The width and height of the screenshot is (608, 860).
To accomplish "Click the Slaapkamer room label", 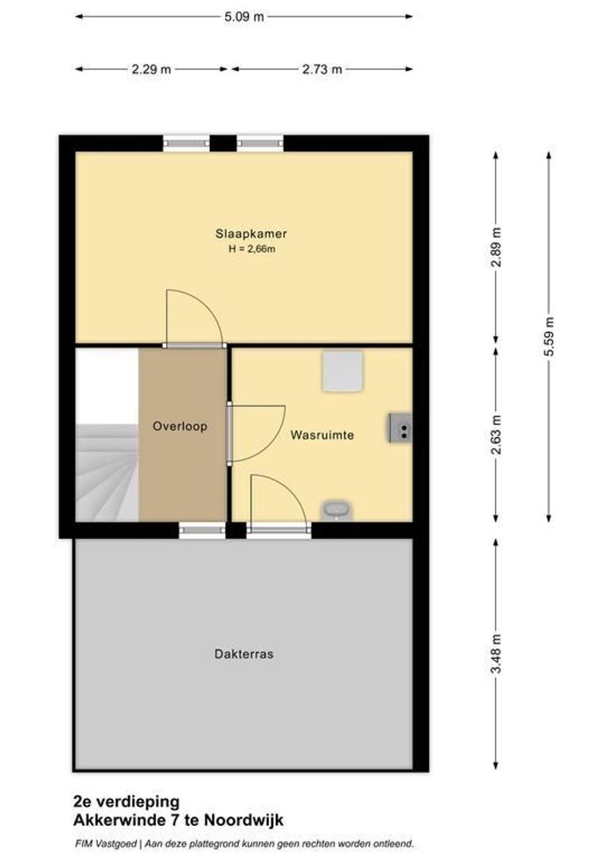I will (251, 234).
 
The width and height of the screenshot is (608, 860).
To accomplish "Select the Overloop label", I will (180, 426).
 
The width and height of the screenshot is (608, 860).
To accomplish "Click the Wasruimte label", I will (322, 435).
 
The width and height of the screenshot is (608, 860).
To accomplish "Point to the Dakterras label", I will (244, 654).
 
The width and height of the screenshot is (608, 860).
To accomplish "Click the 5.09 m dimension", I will (243, 16).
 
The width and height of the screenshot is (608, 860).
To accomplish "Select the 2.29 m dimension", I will (151, 69).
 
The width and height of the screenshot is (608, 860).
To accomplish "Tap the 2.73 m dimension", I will (322, 69).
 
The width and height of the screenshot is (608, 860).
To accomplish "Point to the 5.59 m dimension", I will (549, 337).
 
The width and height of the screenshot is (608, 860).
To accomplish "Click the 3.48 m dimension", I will (496, 655).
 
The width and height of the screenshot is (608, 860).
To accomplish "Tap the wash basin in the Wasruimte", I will (337, 510).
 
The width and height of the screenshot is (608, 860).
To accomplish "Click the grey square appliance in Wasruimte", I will (342, 371).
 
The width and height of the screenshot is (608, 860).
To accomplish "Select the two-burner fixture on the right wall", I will (399, 428).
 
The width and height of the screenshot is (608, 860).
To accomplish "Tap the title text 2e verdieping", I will (127, 802).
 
